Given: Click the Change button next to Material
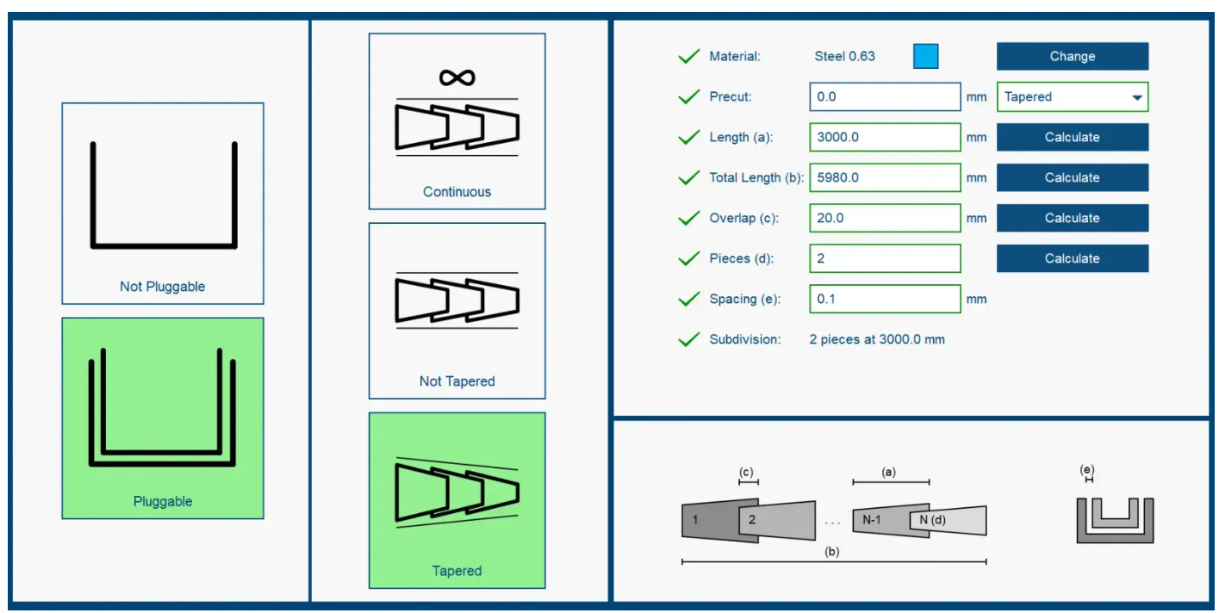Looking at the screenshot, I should coord(1072,56).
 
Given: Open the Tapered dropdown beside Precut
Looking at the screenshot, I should coord(1072,96).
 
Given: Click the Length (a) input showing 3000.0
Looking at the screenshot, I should coord(884,137).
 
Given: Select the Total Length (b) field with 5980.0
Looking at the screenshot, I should coord(884,177).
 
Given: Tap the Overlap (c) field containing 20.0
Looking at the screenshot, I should coord(884,218).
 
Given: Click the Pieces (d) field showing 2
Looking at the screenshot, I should coord(884,258).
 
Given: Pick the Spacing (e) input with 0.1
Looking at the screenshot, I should coord(884,299).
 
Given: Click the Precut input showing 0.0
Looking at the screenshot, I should coord(884,96).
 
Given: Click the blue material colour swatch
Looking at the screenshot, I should coord(925,56).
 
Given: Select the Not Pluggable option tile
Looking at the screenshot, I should coord(162,203).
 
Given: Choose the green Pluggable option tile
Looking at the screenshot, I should coord(162,418).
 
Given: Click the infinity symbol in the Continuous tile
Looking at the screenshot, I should coord(457,77).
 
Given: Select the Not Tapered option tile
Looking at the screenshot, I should coord(457,310).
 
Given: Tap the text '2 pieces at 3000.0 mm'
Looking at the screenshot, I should coord(876,339).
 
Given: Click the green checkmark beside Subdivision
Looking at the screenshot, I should coord(688,339).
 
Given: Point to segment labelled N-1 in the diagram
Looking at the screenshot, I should coord(872,519).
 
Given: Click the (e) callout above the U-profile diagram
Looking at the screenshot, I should coord(1087,470).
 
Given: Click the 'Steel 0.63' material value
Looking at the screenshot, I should coord(844,56).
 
